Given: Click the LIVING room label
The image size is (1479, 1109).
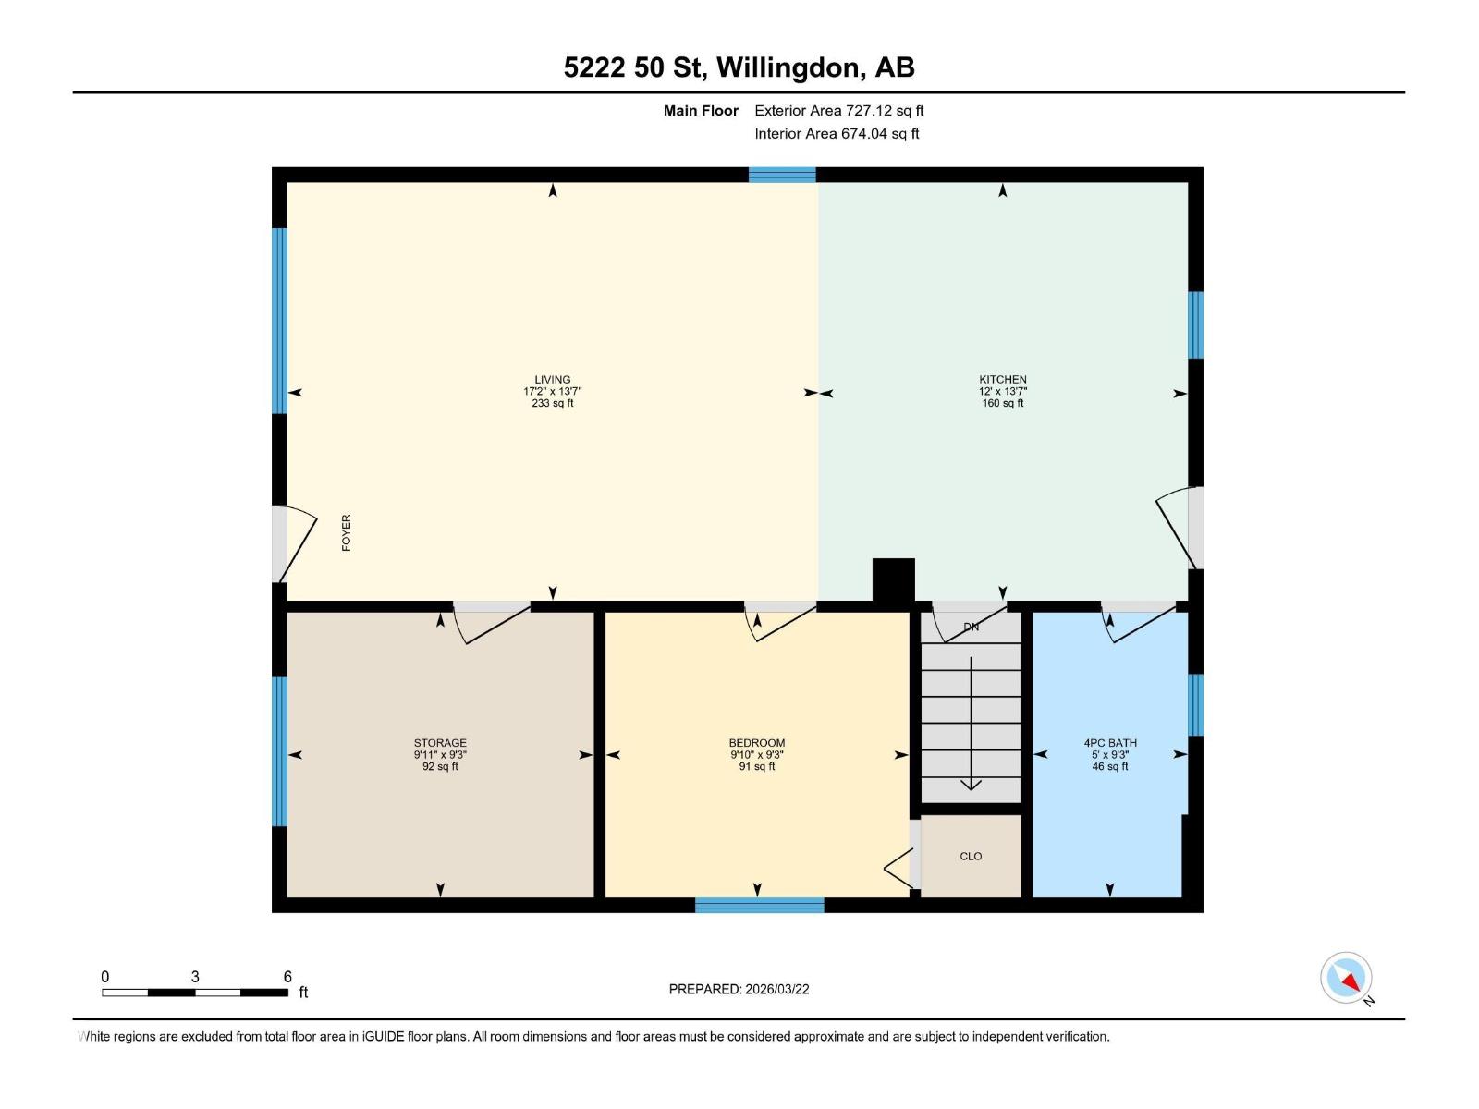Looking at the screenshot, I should (552, 379).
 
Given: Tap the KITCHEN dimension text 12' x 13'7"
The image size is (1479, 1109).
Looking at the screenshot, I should (1003, 391).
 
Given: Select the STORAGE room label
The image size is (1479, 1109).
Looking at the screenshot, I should (440, 742).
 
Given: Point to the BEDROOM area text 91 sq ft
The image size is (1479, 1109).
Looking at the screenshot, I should (757, 766).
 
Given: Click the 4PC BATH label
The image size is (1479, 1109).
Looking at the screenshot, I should (1110, 742).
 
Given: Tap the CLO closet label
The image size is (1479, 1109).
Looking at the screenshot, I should (971, 856).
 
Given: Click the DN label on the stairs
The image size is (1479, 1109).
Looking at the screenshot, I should (971, 627).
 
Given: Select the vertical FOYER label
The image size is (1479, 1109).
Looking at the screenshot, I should (347, 533).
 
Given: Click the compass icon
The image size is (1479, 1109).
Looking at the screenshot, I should (1347, 978).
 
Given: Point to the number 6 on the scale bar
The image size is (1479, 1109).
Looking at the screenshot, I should (287, 977).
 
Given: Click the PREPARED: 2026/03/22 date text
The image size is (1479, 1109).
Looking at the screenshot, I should (739, 989).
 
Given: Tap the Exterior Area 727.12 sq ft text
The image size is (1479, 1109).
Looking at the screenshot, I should (838, 111).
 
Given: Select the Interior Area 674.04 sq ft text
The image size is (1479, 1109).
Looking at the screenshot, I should (837, 133).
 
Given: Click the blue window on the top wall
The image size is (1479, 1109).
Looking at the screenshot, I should (782, 175).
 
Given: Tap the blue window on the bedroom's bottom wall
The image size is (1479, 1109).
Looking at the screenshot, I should (759, 905).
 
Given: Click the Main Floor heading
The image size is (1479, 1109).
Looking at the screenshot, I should (701, 111).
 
